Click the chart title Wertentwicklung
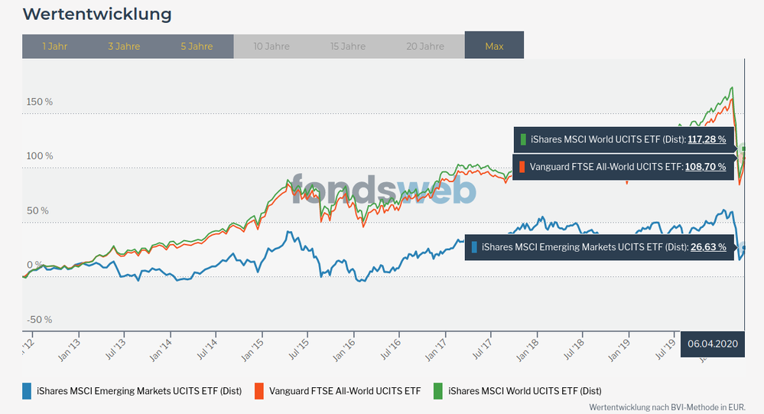(96, 15)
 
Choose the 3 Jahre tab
(124, 47)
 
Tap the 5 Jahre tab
(197, 47)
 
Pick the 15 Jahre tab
(347, 47)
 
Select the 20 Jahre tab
(425, 47)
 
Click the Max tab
(494, 47)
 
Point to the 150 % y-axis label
(39, 102)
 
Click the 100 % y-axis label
(39, 156)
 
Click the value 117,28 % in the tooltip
(707, 140)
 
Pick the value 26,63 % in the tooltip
(708, 247)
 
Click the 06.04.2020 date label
(713, 344)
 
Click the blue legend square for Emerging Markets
(28, 391)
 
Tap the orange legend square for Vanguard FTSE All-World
(259, 391)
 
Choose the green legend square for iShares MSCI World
(438, 391)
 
